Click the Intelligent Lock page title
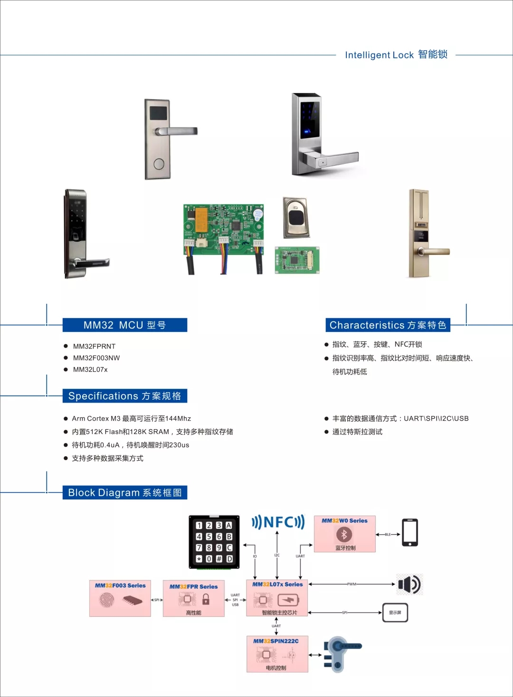[x=396, y=55]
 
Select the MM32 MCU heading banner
[x=125, y=325]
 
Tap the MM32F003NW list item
[x=96, y=358]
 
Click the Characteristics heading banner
[x=388, y=325]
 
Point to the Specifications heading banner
[x=125, y=396]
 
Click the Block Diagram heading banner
[x=125, y=493]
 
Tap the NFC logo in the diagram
[x=278, y=522]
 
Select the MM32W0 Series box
[x=345, y=534]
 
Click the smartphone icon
[x=410, y=533]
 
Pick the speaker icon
[x=409, y=584]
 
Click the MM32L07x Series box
[x=277, y=598]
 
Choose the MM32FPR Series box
[x=194, y=599]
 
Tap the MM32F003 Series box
[x=120, y=598]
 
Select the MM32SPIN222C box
[x=277, y=654]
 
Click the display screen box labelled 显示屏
[x=395, y=612]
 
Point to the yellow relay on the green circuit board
[x=202, y=220]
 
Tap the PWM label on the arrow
[x=351, y=584]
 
